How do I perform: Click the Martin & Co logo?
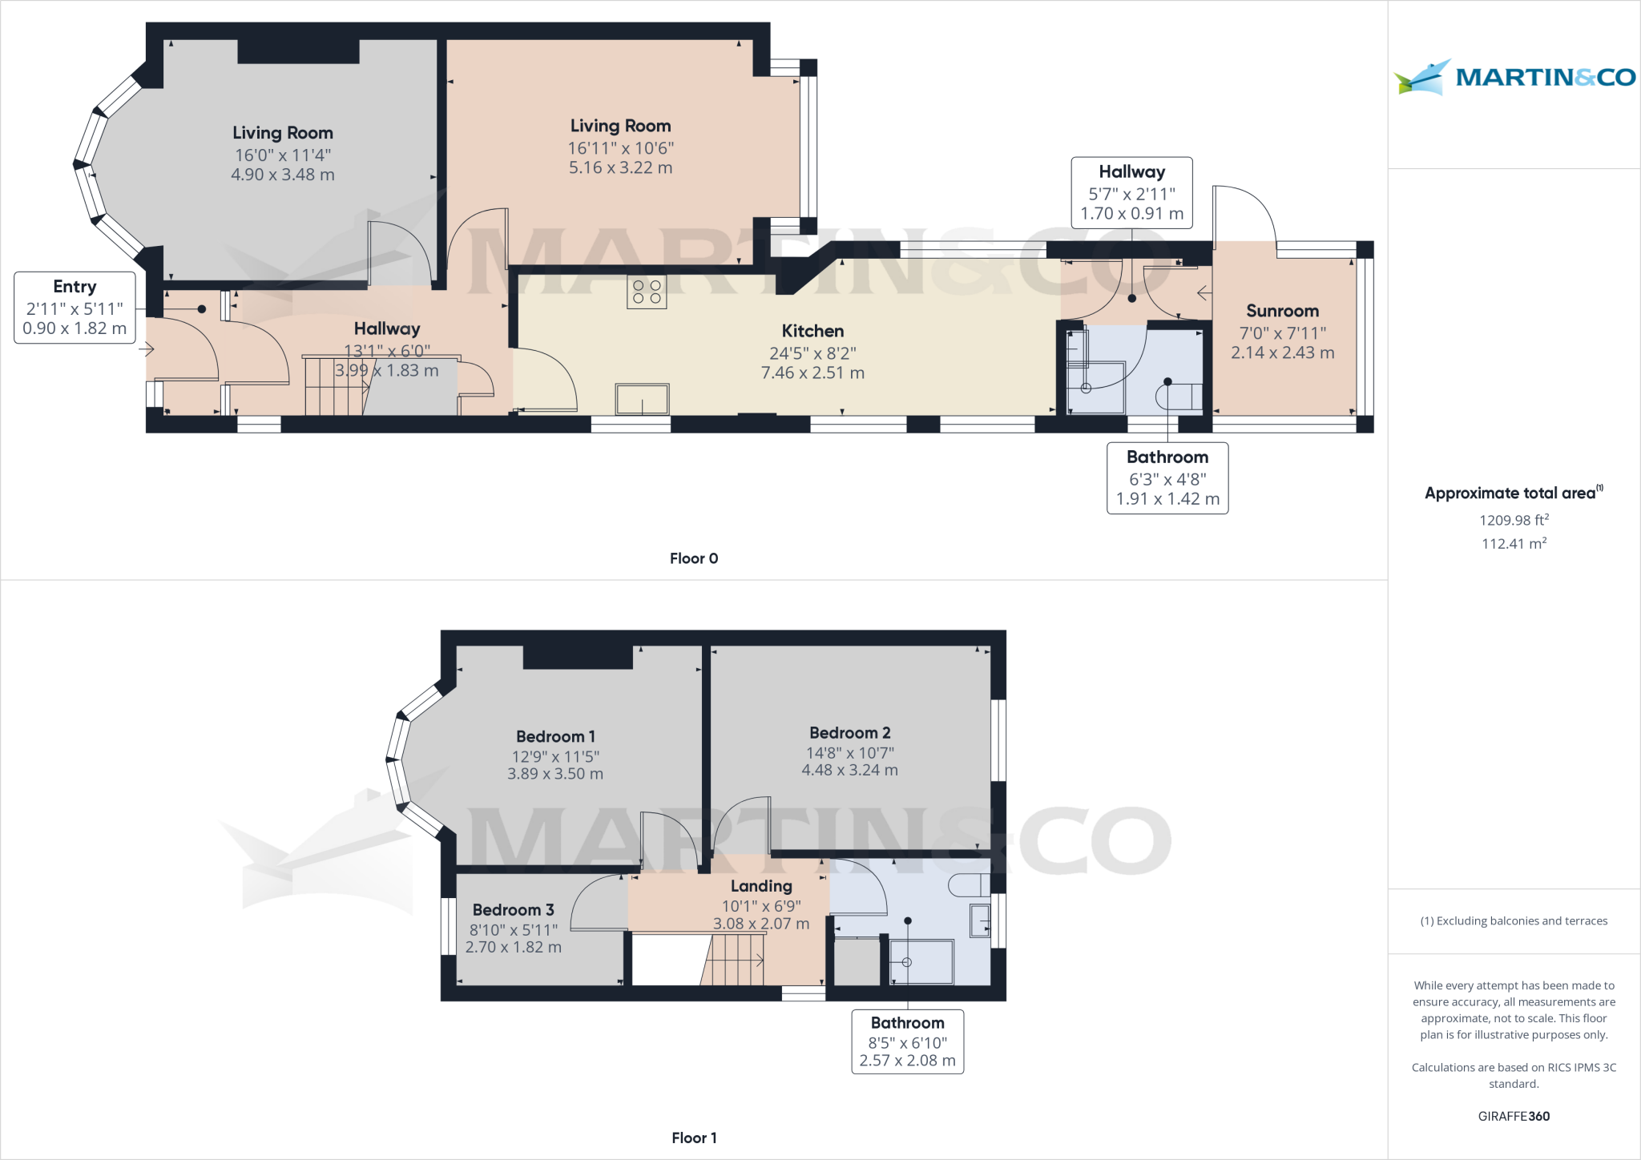[1514, 78]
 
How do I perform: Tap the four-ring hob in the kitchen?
[647, 292]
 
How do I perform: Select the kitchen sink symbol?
[642, 399]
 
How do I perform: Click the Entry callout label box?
[75, 308]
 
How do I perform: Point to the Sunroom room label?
[1282, 311]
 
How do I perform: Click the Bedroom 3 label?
[513, 910]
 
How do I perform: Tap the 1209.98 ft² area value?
[1514, 520]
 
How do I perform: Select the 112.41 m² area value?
[1514, 544]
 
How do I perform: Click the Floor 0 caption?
[694, 558]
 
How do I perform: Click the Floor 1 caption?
[694, 1138]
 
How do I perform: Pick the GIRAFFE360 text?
[1514, 1116]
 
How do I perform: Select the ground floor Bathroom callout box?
[1167, 478]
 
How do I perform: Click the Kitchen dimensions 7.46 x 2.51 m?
[812, 373]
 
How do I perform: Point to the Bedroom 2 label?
[849, 733]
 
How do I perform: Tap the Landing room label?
[761, 886]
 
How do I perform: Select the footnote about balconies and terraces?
[1514, 921]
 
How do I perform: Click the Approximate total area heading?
[1511, 493]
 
